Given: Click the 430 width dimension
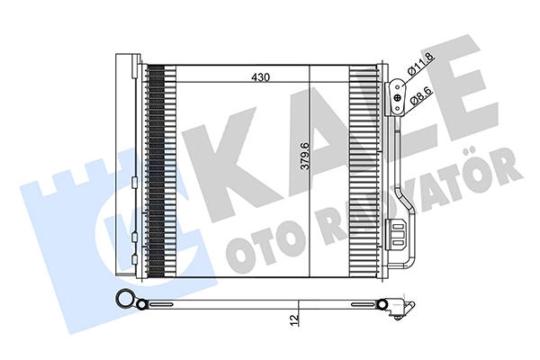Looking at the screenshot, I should pos(261,78).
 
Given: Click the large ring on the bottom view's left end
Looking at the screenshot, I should pos(126,301).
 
